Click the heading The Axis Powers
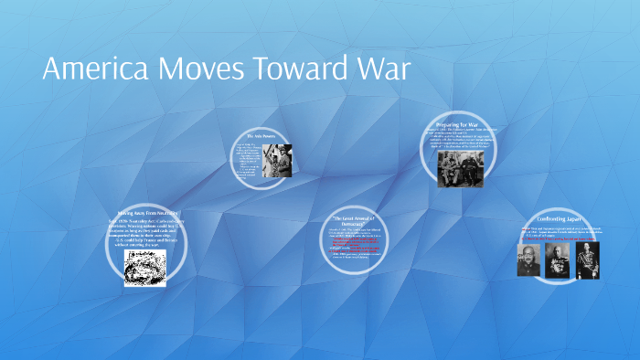pyautogui.click(x=261, y=136)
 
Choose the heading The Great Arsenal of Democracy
pyautogui.click(x=366, y=220)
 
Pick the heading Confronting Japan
pyautogui.click(x=560, y=220)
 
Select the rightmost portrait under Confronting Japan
pyautogui.click(x=588, y=259)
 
